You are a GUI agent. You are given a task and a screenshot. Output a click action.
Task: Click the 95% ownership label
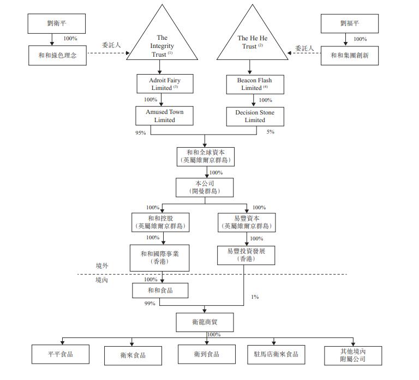pyautogui.click(x=141, y=132)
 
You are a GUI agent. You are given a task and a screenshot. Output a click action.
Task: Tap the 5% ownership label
pyautogui.click(x=270, y=131)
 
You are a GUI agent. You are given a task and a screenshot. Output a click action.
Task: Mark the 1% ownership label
pyautogui.click(x=255, y=297)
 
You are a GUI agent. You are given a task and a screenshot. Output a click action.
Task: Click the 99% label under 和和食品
pyautogui.click(x=149, y=303)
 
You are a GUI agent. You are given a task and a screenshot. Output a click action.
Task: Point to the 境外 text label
pyautogui.click(x=102, y=266)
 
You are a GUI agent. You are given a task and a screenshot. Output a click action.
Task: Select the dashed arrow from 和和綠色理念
pyautogui.click(x=109, y=53)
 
